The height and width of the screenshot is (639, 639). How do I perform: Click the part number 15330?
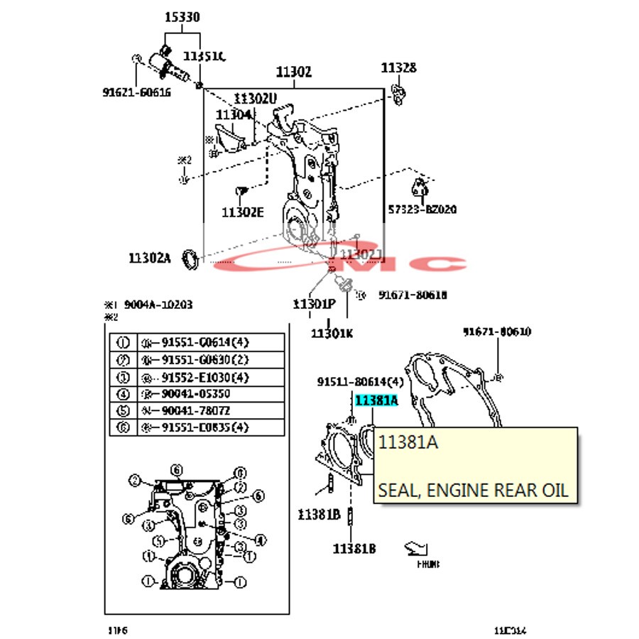click(182, 17)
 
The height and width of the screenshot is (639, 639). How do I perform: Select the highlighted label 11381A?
click(376, 401)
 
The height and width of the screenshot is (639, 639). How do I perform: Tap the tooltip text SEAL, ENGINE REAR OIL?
click(473, 490)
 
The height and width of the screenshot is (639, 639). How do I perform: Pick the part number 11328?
click(398, 68)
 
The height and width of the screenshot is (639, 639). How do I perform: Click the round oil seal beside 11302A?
click(190, 259)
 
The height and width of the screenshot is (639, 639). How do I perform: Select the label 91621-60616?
click(136, 92)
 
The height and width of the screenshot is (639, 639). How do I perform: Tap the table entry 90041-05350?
click(195, 393)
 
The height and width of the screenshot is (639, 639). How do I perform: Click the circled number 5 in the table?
click(122, 410)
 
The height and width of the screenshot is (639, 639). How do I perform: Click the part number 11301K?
click(332, 333)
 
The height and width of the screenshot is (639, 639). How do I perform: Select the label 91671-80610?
click(497, 332)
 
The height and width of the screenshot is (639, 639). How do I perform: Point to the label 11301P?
click(314, 304)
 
